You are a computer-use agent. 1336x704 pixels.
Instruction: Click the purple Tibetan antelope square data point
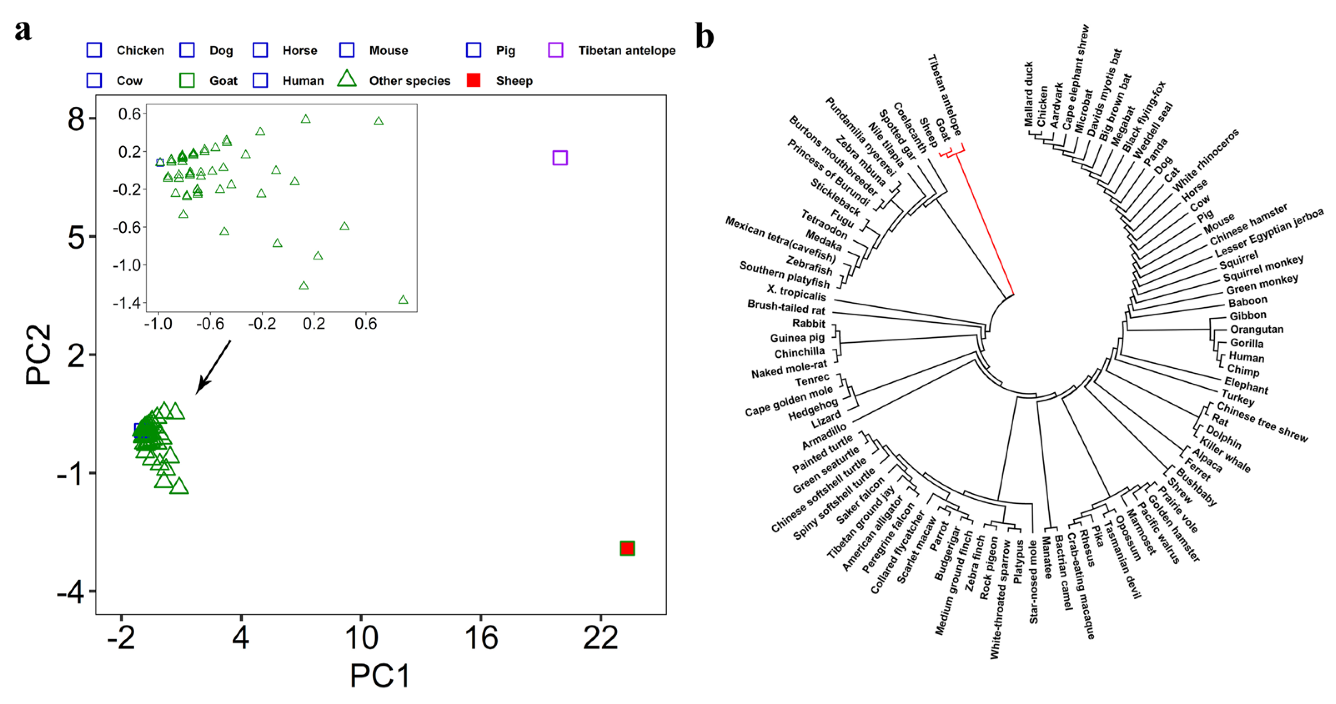560,158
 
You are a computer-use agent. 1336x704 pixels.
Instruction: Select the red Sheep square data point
627,548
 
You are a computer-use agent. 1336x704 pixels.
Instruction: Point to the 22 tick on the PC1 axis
600,638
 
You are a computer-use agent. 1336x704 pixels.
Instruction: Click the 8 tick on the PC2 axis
76,119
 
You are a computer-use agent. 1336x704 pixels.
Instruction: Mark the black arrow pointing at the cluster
213,367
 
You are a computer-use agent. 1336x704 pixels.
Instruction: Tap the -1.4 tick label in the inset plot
126,303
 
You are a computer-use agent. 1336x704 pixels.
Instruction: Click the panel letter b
704,36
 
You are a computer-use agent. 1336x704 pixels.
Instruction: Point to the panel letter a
23,30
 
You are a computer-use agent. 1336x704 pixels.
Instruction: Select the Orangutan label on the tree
1256,329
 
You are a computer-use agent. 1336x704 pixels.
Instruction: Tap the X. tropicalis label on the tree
796,293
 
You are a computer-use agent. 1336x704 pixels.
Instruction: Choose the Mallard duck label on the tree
1028,94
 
